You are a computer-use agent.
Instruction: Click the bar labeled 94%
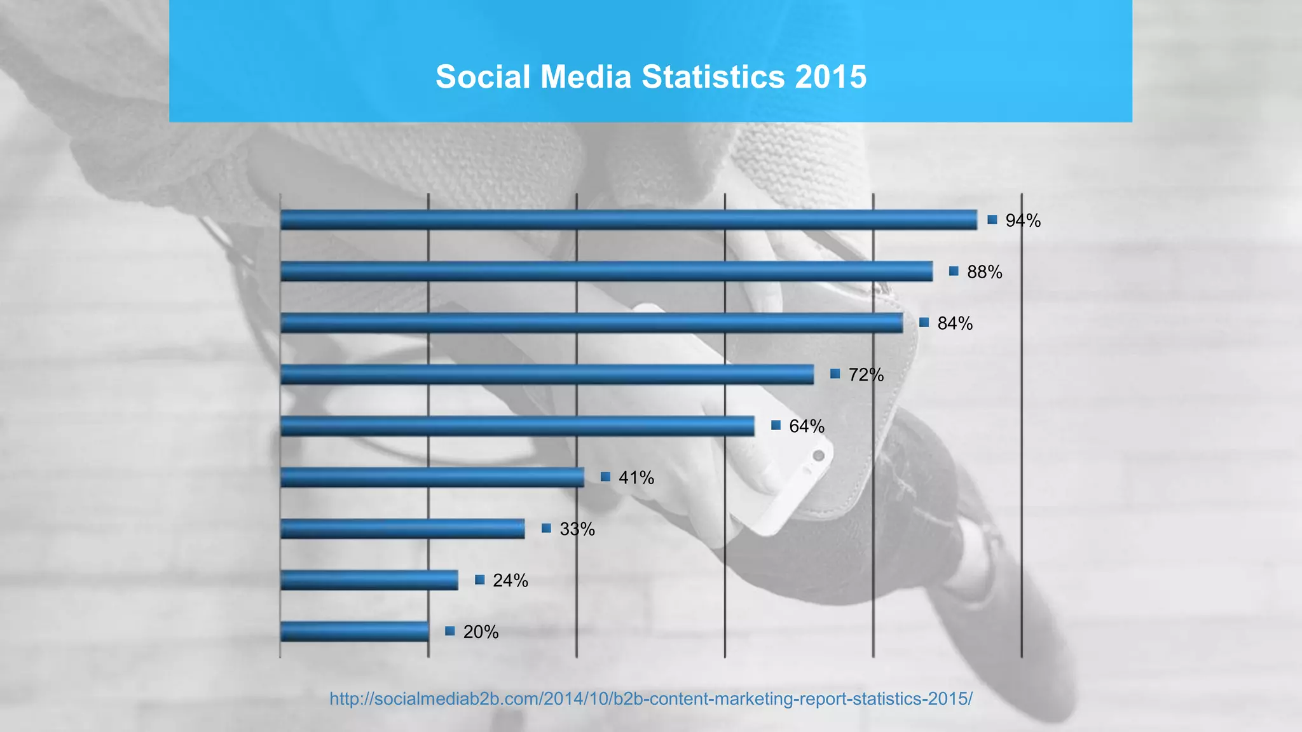click(628, 220)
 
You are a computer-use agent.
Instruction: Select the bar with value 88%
click(606, 271)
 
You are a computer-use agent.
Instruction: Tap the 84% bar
click(591, 323)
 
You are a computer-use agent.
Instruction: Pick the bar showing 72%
click(547, 374)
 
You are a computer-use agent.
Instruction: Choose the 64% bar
click(517, 426)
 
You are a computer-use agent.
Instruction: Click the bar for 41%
click(432, 477)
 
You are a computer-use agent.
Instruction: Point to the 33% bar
click(402, 529)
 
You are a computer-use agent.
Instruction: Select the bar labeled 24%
click(369, 580)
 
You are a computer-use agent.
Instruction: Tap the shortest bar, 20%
click(354, 632)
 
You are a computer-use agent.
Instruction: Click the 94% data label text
click(1023, 220)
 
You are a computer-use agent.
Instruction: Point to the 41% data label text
click(636, 477)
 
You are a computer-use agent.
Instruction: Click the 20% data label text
click(481, 632)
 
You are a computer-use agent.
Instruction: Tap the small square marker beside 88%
click(954, 271)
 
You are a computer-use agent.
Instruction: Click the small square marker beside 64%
click(776, 426)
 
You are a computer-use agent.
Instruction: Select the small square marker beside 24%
click(480, 579)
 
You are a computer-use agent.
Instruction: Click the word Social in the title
click(483, 77)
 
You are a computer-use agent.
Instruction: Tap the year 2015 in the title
click(830, 77)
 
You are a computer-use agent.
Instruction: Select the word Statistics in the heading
click(713, 77)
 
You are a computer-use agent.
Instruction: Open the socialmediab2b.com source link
click(650, 699)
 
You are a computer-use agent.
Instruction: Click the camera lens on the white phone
click(819, 456)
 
